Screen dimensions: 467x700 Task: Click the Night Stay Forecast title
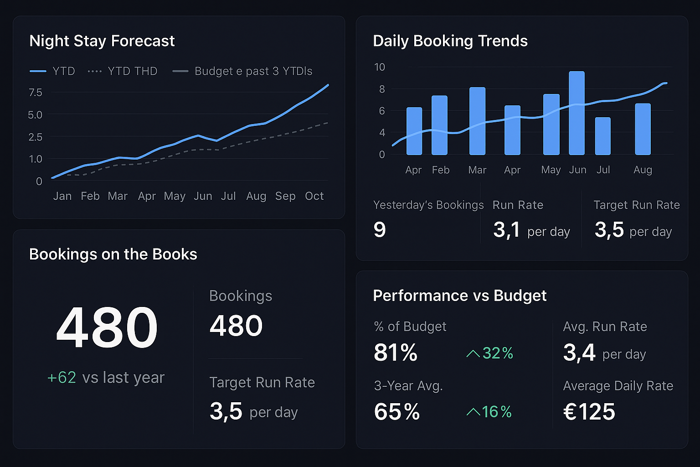pos(102,41)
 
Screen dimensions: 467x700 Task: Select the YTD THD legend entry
pos(123,71)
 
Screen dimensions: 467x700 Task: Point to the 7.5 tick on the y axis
pos(35,93)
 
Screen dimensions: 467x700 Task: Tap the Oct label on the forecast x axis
pos(314,196)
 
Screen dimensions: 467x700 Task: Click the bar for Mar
pos(477,121)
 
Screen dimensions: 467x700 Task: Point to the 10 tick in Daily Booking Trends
pos(379,67)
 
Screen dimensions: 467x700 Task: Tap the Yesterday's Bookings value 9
pos(380,229)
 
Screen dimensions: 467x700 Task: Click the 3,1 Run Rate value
pos(506,229)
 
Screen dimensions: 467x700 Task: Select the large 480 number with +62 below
pos(107,327)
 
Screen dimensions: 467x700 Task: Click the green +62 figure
pos(62,378)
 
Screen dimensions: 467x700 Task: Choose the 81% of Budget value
pos(396,353)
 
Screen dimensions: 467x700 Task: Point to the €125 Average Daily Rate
pos(589,412)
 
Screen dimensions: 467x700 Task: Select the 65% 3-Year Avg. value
pos(396,412)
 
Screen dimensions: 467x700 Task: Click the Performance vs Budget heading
pos(459,296)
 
